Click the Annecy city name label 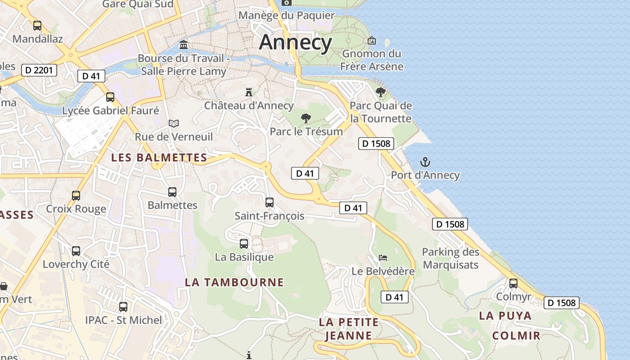coord(295,42)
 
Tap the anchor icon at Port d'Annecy coord(425,162)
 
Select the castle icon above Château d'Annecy coord(248,92)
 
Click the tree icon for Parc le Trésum coord(306,118)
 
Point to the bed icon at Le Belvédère coord(382,258)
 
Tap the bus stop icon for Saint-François coord(269,202)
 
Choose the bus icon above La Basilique coord(244,244)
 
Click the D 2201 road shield coord(39,70)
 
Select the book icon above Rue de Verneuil coord(174,123)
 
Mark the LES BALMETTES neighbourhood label coord(159,157)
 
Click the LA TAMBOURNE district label coord(234,282)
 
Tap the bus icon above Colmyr coord(513,283)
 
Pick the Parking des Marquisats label coord(450,258)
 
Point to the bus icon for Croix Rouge coord(76,196)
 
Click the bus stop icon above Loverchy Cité coord(76,251)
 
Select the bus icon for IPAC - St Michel coord(123,307)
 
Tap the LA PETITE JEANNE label coord(349,328)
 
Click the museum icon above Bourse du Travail coord(184,45)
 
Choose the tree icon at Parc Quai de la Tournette coord(381,92)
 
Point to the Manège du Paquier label coord(287,15)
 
